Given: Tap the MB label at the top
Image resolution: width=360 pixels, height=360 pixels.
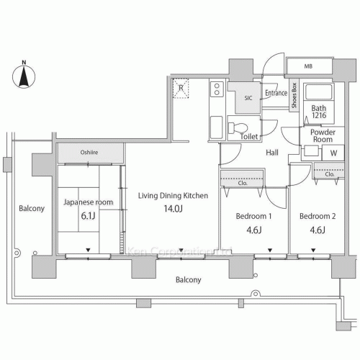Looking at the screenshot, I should click(309, 67).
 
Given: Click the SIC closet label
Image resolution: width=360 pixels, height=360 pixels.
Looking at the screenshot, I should click(248, 97).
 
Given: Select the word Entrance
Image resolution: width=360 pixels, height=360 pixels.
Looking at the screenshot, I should click(276, 93).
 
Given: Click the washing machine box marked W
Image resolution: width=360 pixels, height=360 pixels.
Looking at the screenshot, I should click(333, 153).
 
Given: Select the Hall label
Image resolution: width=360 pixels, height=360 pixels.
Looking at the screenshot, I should click(272, 153).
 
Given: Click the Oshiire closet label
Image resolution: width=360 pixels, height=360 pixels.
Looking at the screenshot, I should click(89, 153).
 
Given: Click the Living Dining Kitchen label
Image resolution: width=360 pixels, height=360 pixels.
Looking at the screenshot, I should click(174, 195).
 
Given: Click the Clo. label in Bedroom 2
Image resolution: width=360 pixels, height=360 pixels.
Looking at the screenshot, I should click(330, 174).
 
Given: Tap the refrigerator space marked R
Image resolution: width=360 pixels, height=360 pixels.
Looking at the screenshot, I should click(181, 89).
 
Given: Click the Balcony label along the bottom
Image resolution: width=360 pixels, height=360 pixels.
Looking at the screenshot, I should click(186, 280).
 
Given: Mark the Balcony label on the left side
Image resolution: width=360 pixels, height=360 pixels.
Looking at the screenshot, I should click(32, 209).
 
